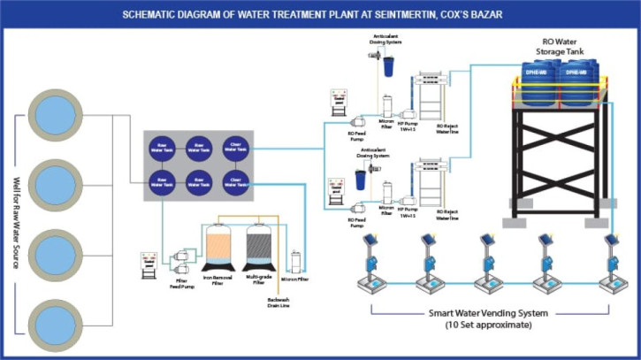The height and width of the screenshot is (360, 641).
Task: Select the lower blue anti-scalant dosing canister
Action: point(360,180)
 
